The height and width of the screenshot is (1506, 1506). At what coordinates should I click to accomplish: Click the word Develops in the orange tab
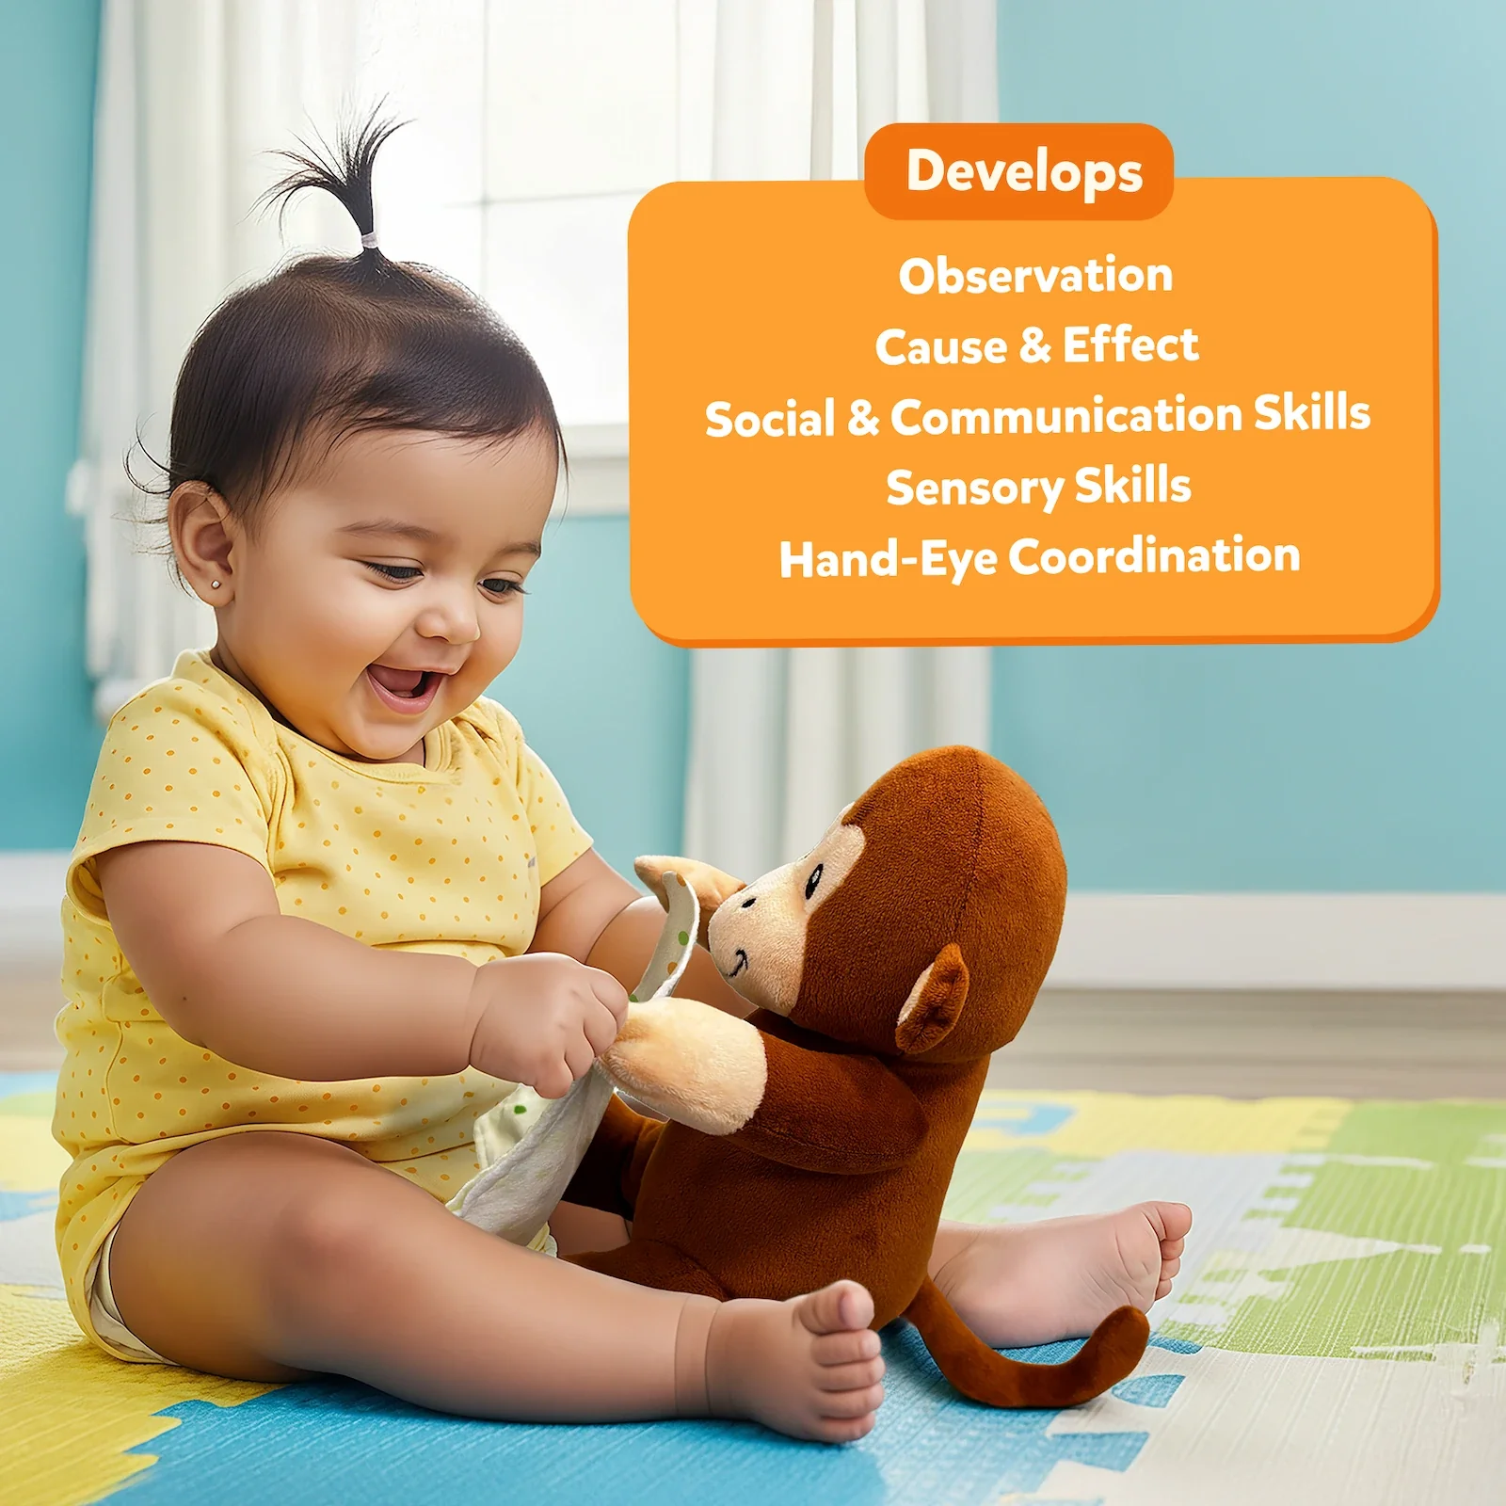coord(1024,172)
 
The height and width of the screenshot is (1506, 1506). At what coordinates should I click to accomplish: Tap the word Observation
coord(1035,275)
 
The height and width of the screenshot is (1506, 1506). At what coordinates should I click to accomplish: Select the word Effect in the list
coord(1130,344)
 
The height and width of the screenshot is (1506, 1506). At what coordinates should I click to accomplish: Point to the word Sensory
coord(975,489)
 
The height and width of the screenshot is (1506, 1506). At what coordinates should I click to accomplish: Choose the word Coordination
coord(1155,555)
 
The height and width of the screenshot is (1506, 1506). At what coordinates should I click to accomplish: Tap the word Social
coord(770,419)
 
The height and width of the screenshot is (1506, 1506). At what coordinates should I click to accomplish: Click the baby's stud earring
coord(216,585)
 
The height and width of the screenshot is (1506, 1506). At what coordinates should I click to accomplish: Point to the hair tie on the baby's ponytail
coord(369,241)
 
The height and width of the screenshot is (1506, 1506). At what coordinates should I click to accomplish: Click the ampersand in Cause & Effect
coord(1035,345)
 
